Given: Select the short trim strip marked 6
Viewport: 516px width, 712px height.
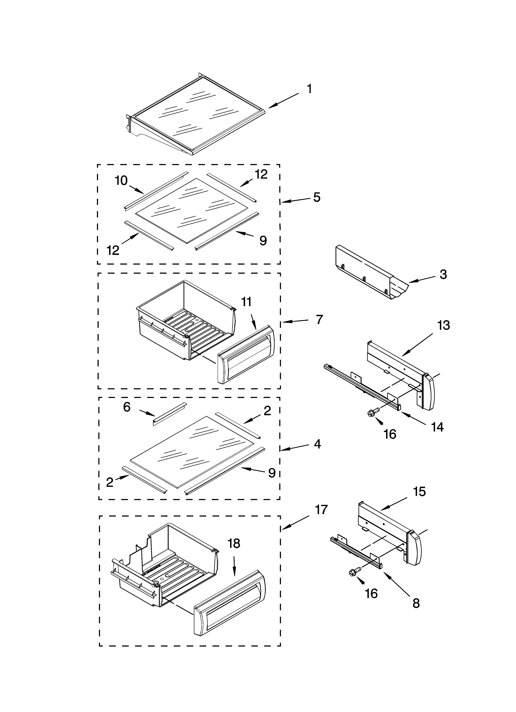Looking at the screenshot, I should point(170,414).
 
